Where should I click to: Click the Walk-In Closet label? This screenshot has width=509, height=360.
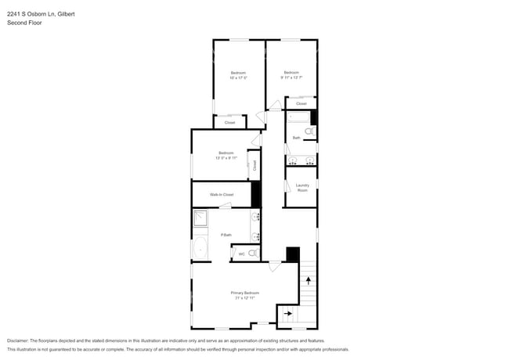point(222,194)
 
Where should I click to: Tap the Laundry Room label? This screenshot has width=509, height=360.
point(302,188)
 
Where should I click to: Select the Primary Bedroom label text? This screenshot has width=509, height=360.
point(245,293)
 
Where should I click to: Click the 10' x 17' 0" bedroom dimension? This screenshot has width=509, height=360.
point(238,77)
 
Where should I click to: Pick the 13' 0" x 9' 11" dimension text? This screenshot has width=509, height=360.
point(226,157)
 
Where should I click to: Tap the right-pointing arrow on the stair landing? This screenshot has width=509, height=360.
point(287,314)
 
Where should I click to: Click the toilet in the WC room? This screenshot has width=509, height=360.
point(253,253)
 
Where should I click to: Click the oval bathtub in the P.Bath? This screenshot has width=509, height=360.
point(200,250)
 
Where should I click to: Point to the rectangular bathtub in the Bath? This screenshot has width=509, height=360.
point(298,118)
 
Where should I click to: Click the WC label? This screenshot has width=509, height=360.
point(241,254)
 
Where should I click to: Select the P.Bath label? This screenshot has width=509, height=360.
point(226,235)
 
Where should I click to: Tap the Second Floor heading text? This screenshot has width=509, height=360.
point(23,23)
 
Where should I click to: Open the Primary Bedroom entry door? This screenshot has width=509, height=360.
point(274,267)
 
